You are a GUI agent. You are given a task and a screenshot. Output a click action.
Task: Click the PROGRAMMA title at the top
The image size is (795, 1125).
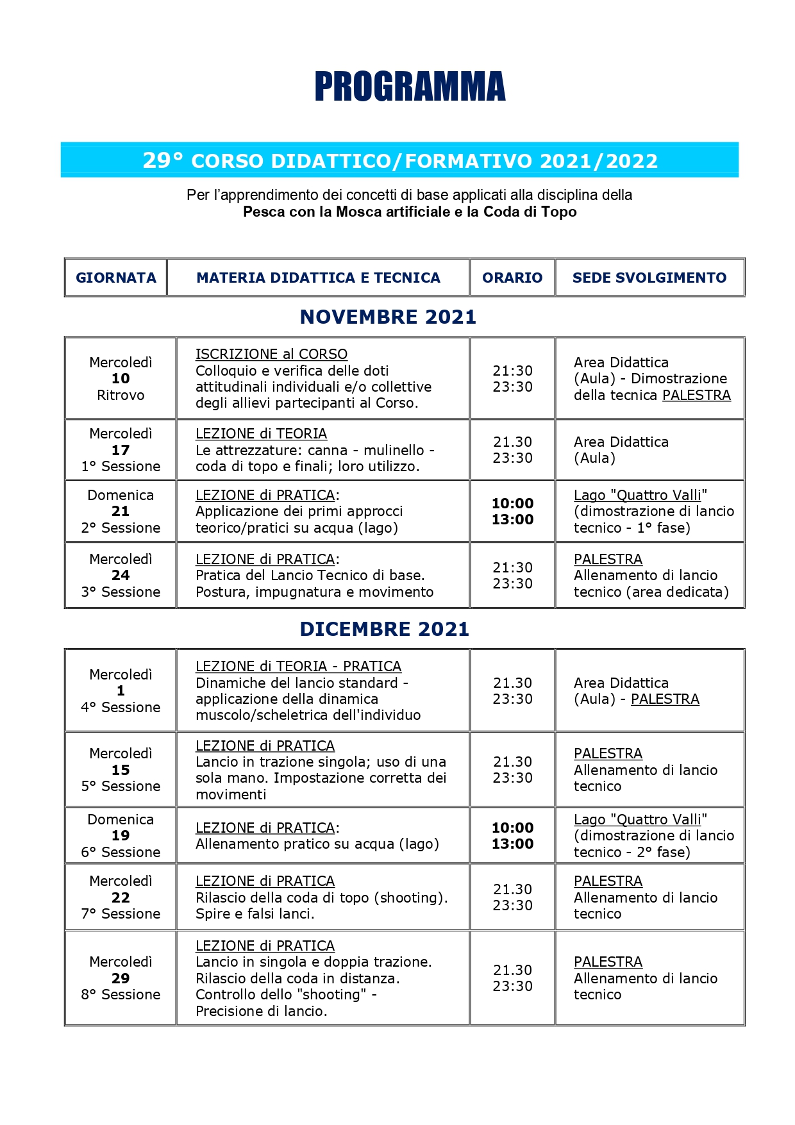tap(410, 87)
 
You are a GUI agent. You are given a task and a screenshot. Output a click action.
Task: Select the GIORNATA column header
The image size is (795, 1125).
tap(116, 278)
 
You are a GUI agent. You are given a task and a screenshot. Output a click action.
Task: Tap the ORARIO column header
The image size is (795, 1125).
tap(512, 278)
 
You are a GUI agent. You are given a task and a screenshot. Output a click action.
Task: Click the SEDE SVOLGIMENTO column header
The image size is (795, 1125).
tap(649, 278)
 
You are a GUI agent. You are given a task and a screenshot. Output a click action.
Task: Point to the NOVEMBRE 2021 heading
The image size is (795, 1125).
tap(388, 317)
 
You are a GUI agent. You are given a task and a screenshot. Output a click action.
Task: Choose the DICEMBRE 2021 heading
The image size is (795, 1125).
tap(385, 629)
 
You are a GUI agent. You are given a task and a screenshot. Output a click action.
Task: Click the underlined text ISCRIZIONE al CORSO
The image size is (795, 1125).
tap(271, 354)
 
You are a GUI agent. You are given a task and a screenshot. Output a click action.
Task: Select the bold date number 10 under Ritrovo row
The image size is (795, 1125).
tap(121, 379)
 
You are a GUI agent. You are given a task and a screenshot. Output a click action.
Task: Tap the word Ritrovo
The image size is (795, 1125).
tap(121, 395)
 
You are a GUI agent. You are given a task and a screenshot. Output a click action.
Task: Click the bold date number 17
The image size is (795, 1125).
tap(121, 450)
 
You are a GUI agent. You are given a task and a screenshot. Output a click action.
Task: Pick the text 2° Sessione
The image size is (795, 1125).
tap(121, 528)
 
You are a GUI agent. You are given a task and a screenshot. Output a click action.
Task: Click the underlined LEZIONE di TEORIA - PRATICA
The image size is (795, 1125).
tap(298, 667)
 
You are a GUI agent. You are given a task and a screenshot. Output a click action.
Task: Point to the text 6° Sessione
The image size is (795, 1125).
tap(121, 852)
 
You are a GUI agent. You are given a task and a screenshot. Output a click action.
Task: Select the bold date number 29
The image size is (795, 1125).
tap(121, 978)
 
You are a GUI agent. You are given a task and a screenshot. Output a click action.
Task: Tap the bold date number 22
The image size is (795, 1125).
tap(121, 897)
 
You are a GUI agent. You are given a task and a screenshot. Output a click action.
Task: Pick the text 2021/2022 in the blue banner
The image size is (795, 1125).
tap(599, 161)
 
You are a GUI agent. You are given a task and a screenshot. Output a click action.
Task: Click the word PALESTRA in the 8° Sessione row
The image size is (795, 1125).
tap(608, 962)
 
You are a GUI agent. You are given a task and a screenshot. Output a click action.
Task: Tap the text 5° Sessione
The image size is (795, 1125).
tap(121, 786)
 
